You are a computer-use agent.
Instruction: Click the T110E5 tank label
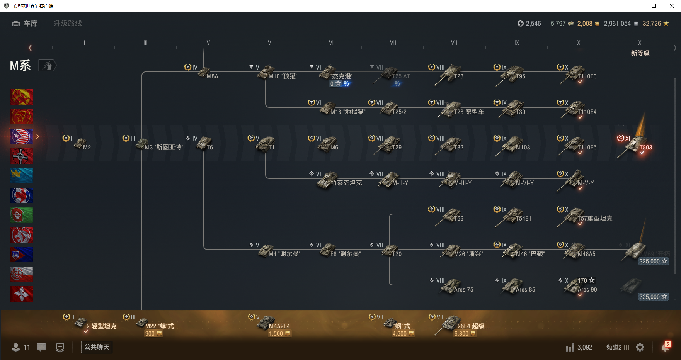[x=587, y=147]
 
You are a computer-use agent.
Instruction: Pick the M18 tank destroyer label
[x=347, y=112]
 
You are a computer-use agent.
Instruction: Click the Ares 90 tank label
[x=587, y=289]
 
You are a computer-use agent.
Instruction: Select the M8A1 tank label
[x=213, y=76]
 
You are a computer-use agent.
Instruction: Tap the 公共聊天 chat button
[x=97, y=347]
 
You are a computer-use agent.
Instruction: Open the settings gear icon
[x=640, y=347]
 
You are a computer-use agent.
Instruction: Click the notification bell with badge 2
[x=665, y=347]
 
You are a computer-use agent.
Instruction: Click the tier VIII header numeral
[x=455, y=42]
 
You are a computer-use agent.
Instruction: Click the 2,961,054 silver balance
[x=617, y=24]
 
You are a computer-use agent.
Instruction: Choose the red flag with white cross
[x=21, y=294]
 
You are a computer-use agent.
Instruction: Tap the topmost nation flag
[x=21, y=97]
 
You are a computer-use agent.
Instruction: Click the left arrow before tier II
[x=30, y=48]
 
